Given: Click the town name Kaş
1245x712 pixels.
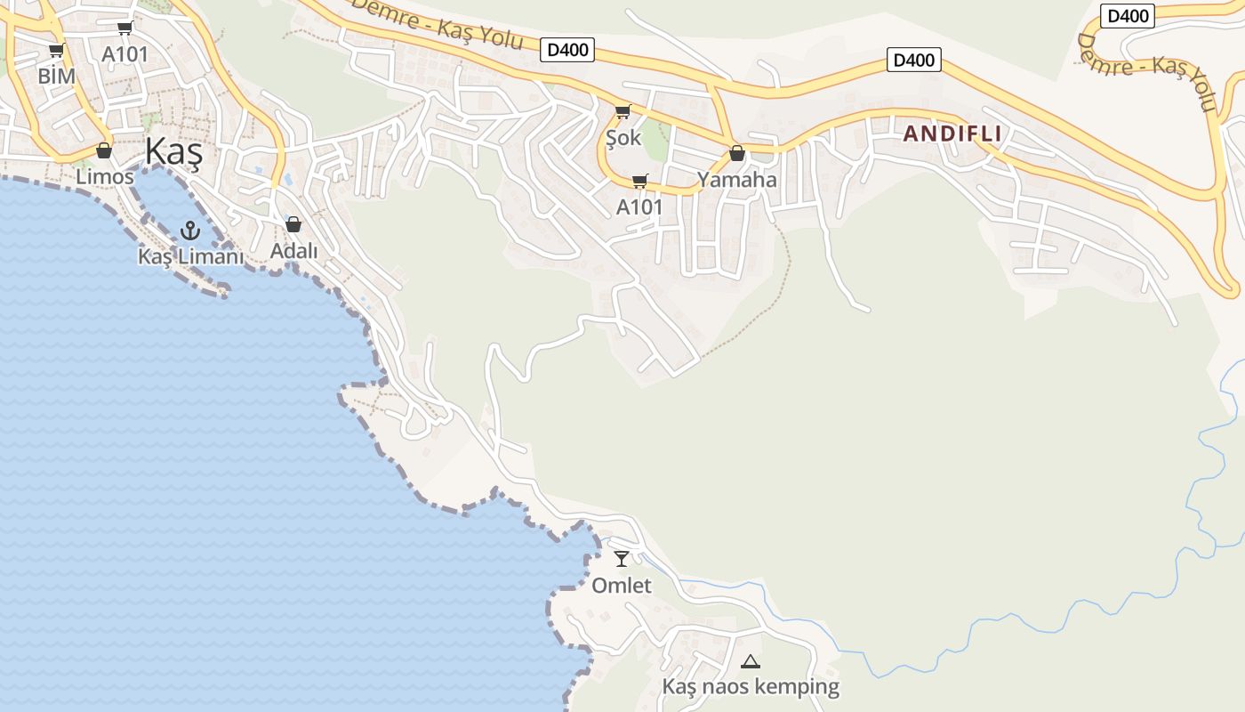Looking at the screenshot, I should (174, 152).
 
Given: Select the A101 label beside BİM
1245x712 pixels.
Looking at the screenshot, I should (124, 53).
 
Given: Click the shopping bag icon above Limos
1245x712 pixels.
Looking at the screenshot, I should (104, 150).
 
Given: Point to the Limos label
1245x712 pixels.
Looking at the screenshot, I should (104, 176).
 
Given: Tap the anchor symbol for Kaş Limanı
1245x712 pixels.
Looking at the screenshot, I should (189, 231).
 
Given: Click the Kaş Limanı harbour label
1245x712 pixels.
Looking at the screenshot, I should (190, 256).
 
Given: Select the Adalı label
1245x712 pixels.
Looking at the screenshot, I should (293, 251).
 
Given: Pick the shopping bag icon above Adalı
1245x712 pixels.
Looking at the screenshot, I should (293, 224).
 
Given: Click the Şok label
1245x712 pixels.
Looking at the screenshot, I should (622, 138).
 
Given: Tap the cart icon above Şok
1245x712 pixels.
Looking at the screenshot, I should (622, 112).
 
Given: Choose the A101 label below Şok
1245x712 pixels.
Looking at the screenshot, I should (639, 207).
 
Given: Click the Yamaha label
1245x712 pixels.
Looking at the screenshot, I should (736, 180).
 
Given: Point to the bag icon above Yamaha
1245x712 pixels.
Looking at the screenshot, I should (736, 153).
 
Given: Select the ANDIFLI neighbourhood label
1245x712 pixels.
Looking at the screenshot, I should (952, 134).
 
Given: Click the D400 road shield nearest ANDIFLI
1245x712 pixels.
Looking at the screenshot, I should (913, 61).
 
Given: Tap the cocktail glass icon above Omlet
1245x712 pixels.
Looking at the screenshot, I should (622, 559).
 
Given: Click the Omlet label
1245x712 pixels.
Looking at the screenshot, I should (622, 586).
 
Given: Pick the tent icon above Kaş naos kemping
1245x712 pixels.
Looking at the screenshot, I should (751, 661).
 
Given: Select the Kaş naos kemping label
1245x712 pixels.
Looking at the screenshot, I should (751, 687).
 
